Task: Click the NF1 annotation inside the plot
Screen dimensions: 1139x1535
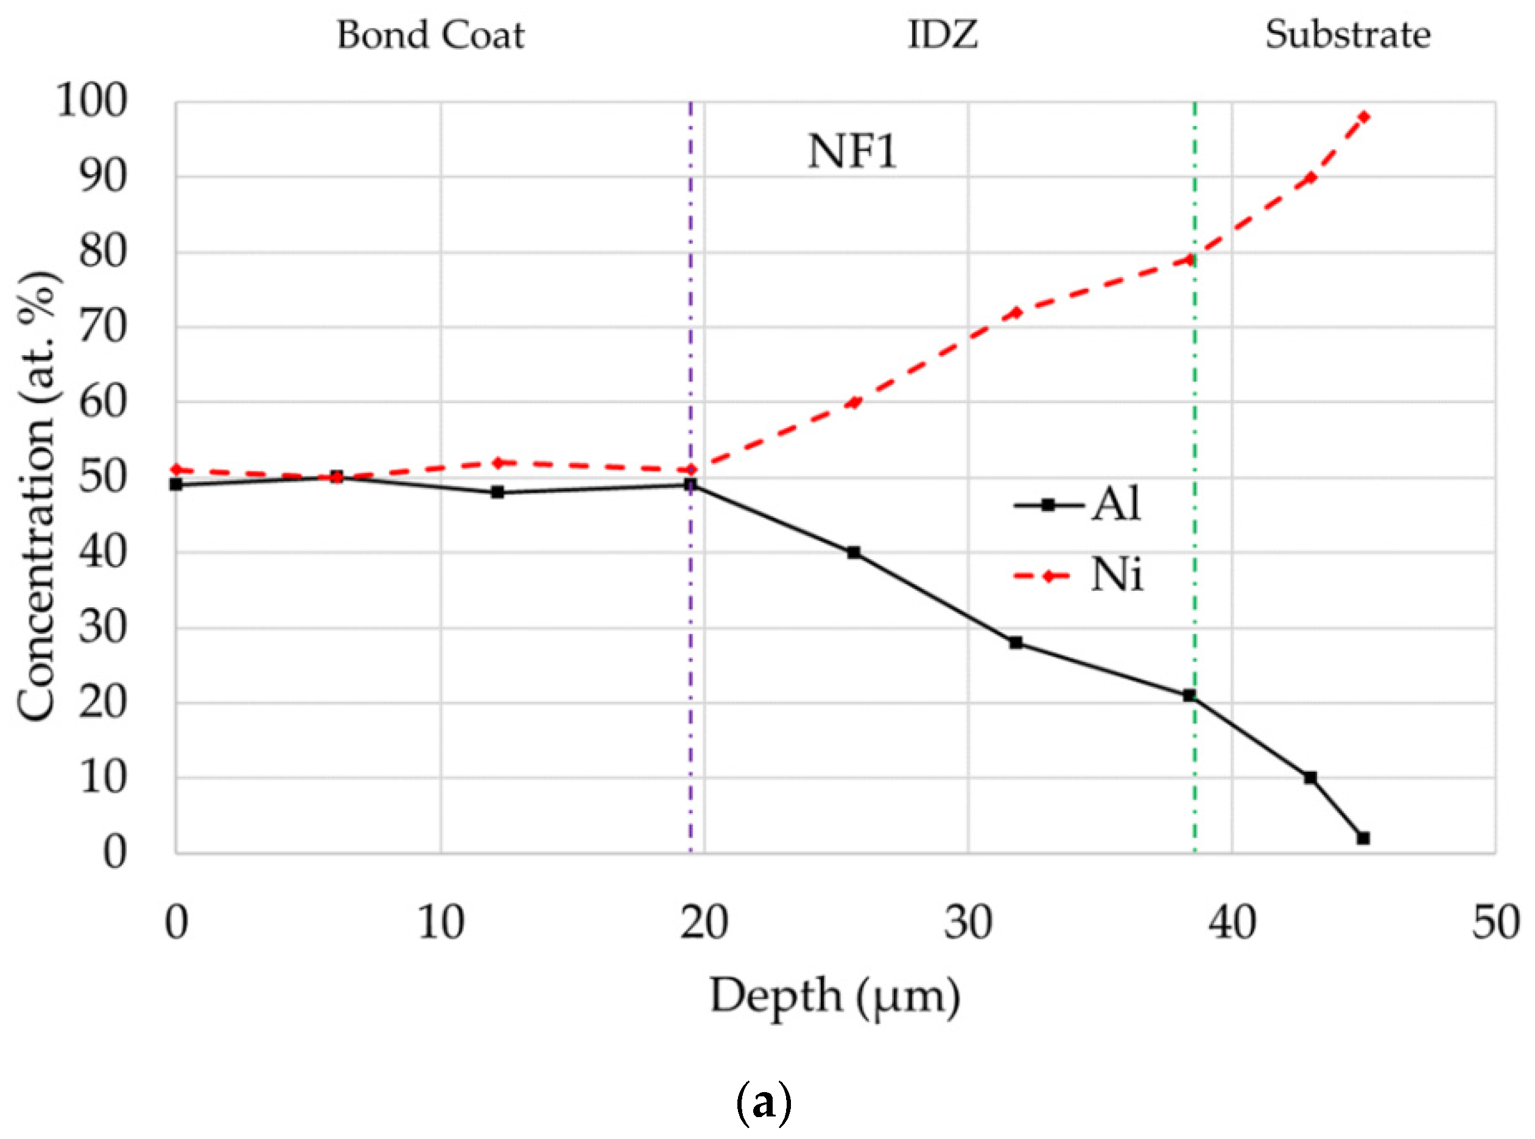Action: pos(852,152)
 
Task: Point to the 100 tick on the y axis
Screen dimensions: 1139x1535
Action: pos(92,100)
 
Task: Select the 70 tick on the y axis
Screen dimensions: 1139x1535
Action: pos(103,327)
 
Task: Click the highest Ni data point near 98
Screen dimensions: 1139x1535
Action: pos(1363,116)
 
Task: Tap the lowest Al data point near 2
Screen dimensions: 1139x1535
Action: pos(1363,838)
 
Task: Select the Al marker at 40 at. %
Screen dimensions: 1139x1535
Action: pos(853,552)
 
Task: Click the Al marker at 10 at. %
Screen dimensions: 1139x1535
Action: pos(1310,778)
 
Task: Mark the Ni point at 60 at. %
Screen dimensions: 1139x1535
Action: pos(853,403)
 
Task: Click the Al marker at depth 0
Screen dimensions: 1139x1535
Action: pos(177,485)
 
